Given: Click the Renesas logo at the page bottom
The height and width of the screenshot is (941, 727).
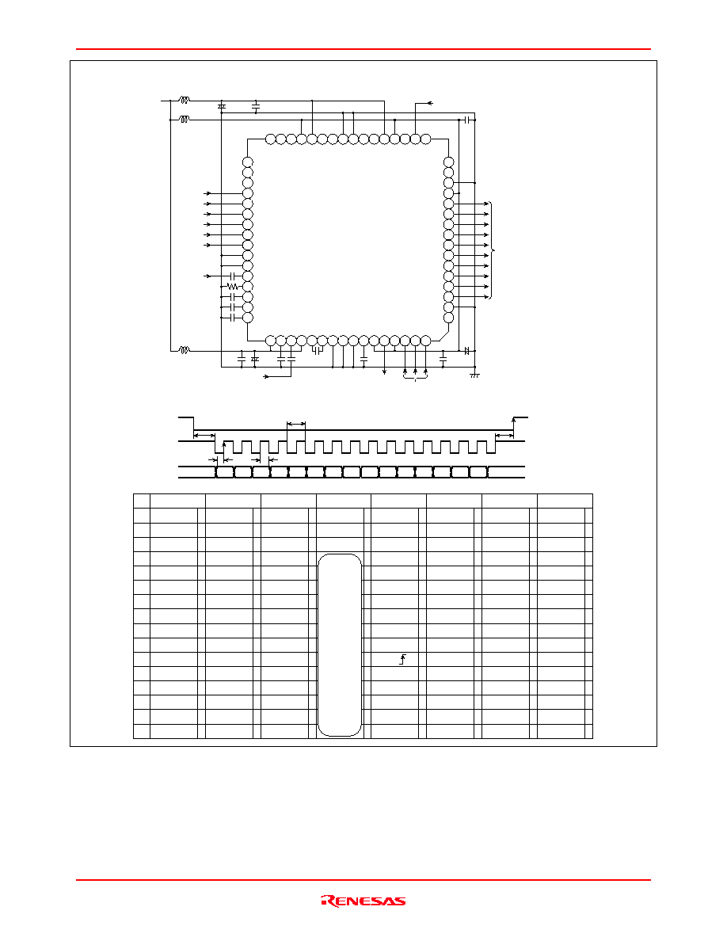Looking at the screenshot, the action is click(363, 901).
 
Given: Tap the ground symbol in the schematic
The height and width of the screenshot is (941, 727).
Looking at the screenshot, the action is click(474, 375).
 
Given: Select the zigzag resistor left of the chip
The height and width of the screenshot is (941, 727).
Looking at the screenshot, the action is click(233, 287).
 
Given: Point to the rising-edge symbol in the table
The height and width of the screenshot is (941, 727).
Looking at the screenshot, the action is click(403, 660).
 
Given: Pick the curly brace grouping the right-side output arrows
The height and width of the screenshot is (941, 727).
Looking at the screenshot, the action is click(493, 250).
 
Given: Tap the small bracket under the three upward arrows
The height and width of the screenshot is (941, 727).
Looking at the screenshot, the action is click(415, 378).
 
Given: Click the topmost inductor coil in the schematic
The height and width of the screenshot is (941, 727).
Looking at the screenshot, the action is click(185, 100).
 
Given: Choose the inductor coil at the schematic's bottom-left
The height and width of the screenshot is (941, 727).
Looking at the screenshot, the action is click(185, 350).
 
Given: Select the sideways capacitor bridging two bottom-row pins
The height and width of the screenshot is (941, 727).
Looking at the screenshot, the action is click(317, 350).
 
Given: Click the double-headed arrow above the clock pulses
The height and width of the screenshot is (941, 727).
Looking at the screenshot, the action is click(296, 425).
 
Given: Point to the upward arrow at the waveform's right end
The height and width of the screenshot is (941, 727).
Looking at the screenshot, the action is click(513, 427).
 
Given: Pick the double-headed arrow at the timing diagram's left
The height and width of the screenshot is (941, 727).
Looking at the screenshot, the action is click(204, 436).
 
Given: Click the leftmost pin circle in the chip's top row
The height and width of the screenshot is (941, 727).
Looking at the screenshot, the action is click(271, 139).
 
